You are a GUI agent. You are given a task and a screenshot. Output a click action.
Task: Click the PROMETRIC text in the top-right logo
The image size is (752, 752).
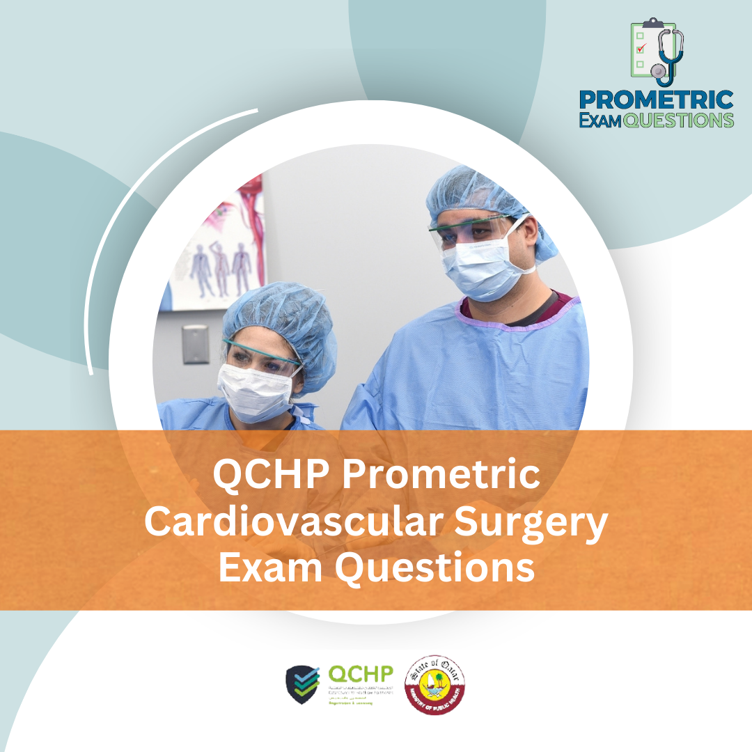(x=657, y=100)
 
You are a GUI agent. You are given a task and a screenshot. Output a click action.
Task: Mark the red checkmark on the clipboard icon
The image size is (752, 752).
(x=641, y=48)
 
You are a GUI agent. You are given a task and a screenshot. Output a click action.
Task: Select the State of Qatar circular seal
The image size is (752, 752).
(x=435, y=684)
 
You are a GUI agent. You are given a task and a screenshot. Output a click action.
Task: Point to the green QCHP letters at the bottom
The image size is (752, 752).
(x=360, y=674)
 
